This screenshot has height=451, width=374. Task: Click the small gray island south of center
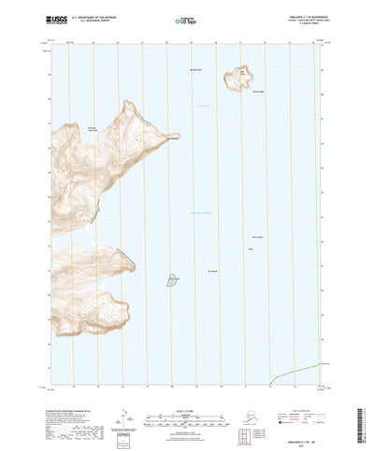[x=174, y=280]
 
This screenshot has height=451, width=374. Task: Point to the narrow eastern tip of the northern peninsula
[x=176, y=141]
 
